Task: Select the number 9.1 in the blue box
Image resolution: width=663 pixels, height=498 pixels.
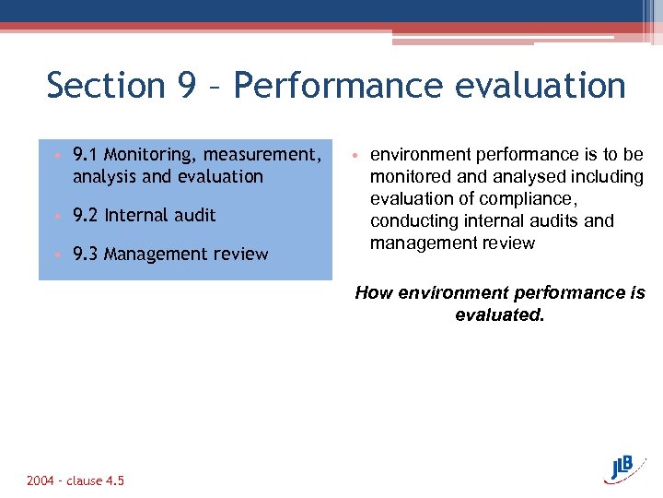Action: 86,154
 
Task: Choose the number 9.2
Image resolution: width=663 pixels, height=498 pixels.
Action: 86,215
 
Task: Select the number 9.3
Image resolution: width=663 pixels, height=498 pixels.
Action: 86,254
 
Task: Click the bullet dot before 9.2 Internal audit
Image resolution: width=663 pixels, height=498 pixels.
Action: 57,216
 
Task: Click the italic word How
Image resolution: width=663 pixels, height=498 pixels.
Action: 374,292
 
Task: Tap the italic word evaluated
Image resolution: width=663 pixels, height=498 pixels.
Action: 500,314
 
